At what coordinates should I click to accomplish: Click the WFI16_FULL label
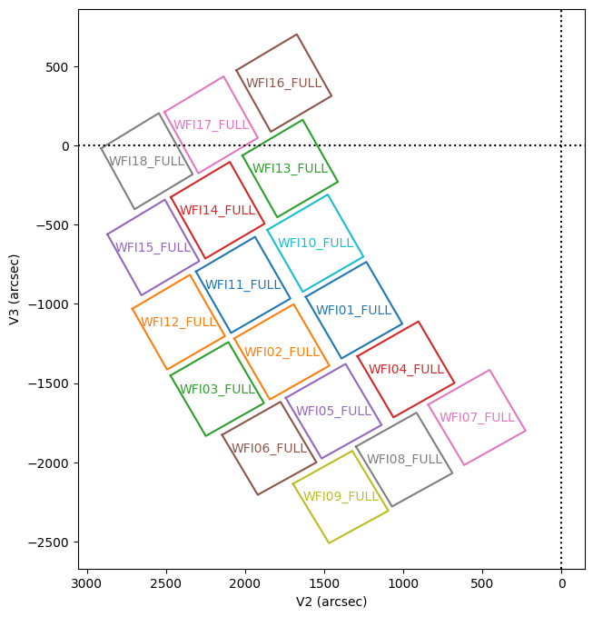point(284,83)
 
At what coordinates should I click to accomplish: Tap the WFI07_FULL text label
point(477,417)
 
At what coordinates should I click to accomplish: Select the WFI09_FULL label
point(341,496)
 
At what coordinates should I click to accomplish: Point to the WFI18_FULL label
point(146,162)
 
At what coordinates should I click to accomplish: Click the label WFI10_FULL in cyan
point(315,243)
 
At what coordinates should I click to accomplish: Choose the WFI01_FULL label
point(353,310)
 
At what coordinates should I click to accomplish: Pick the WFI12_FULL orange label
point(178,322)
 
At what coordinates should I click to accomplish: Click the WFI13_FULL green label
point(290,168)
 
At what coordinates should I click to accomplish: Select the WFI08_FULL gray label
point(404,459)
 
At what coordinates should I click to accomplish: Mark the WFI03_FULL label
point(217,389)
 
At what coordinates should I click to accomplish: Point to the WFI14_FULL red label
point(217,210)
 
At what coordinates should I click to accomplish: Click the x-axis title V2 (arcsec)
point(331,602)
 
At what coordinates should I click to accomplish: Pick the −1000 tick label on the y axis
point(53,304)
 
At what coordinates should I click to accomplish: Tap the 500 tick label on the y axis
point(61,67)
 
